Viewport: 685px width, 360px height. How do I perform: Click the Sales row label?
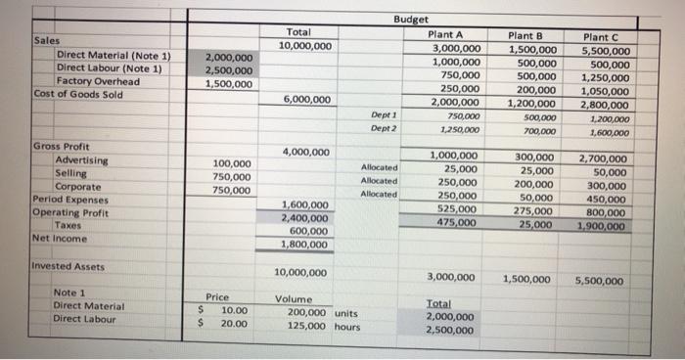(x=47, y=41)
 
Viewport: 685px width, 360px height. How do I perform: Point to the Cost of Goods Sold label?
(x=78, y=94)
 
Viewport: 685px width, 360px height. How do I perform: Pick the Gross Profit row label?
(x=62, y=146)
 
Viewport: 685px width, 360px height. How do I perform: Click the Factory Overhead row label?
(x=98, y=81)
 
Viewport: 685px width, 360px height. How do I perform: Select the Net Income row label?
(x=60, y=238)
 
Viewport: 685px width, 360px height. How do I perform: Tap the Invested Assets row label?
(x=68, y=266)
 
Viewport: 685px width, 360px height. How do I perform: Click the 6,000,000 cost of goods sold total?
(x=305, y=99)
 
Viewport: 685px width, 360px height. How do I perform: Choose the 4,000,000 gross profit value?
(x=305, y=152)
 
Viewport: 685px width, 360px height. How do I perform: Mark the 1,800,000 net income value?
(x=305, y=245)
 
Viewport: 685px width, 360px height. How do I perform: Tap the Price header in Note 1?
(x=217, y=297)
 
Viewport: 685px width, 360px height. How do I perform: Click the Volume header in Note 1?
(x=295, y=298)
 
